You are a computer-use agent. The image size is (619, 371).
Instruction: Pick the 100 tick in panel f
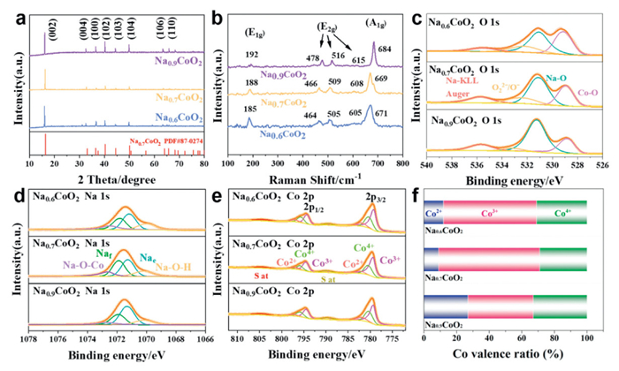coord(587,340)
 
